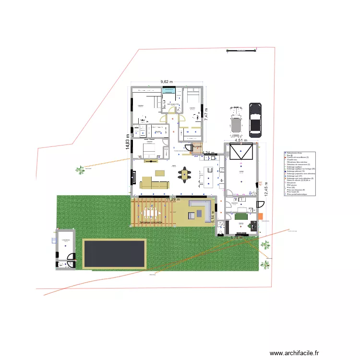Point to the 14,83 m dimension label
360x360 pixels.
[128, 142]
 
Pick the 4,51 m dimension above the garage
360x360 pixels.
[240, 141]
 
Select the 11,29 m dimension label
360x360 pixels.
[172, 199]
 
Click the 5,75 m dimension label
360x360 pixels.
[237, 237]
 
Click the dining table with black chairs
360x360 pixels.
[185, 175]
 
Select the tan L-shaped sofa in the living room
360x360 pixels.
[153, 183]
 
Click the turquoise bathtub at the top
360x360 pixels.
[168, 91]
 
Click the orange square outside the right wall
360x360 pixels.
[260, 216]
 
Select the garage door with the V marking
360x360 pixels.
[240, 153]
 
